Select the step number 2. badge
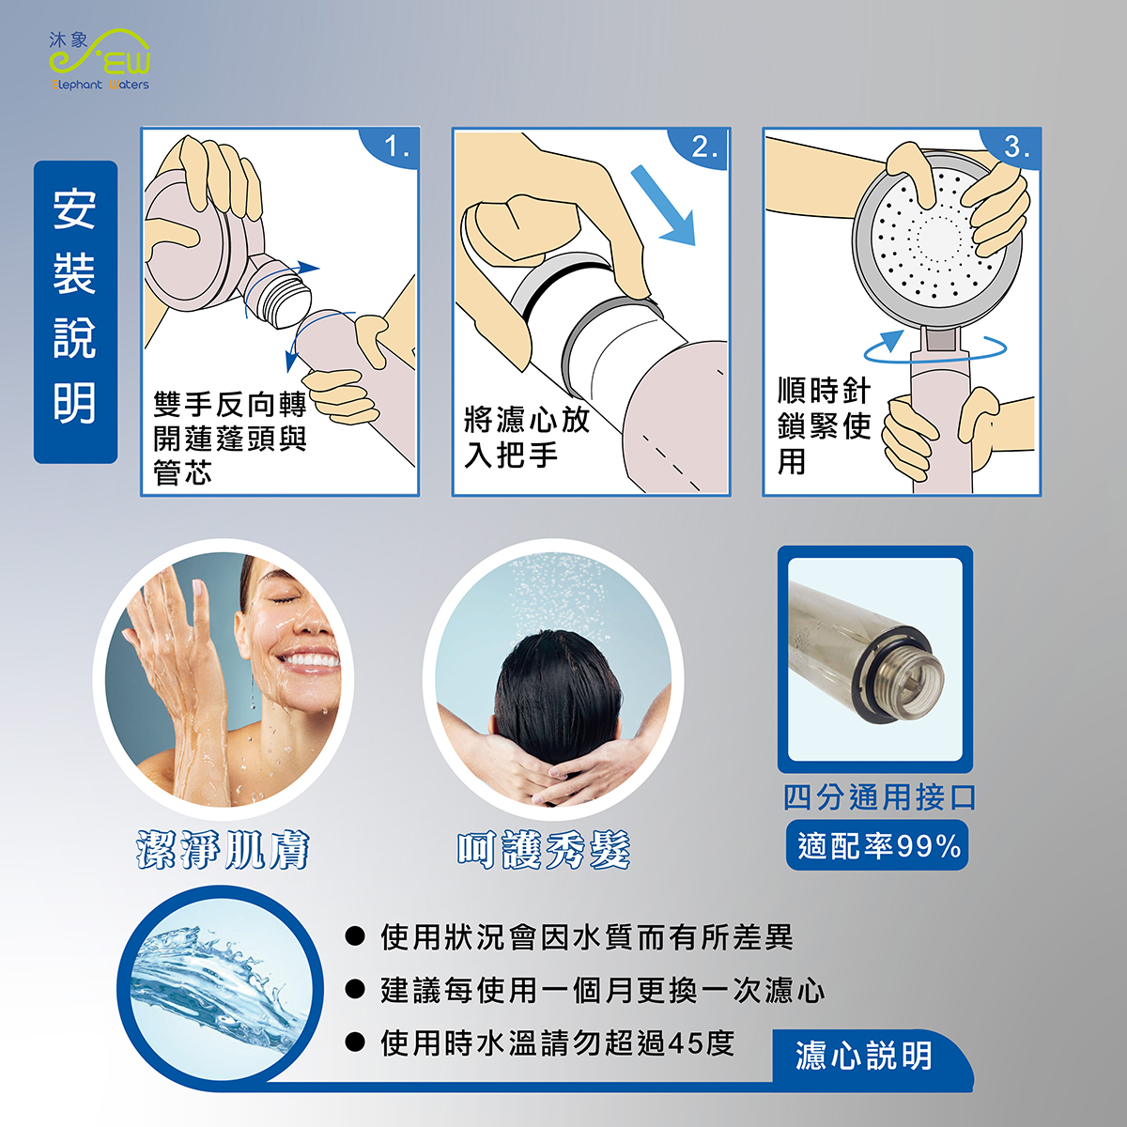(x=702, y=147)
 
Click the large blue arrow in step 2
(x=664, y=205)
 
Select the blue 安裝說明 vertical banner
(x=75, y=312)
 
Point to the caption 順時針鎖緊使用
(x=824, y=425)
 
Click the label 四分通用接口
(x=880, y=797)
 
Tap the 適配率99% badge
(x=877, y=845)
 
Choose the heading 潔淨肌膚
(x=223, y=850)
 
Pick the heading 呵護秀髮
(x=544, y=850)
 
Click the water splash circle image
(x=221, y=988)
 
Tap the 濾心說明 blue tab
(x=864, y=1056)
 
